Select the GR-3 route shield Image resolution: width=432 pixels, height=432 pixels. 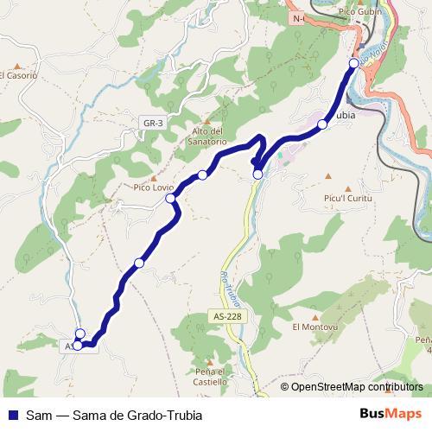154,124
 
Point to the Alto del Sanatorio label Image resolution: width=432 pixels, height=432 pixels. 207,136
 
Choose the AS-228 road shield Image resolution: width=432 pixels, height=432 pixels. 226,316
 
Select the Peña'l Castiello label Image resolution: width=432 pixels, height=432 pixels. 210,377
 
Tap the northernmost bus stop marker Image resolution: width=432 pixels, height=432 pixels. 353,63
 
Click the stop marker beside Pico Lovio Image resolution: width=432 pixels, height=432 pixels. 171,199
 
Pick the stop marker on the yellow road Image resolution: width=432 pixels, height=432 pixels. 257,175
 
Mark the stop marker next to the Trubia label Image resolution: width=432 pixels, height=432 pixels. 322,124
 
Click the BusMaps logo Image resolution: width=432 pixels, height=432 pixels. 391,413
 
